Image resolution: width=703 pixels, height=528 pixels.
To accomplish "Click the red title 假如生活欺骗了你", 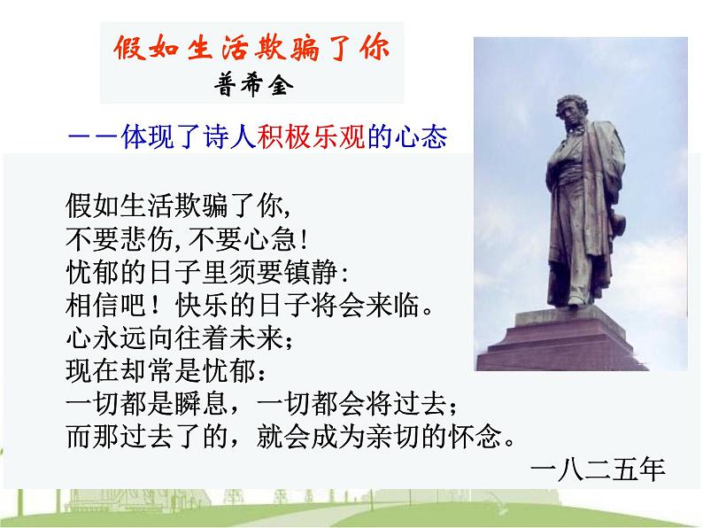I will click(x=251, y=48).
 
